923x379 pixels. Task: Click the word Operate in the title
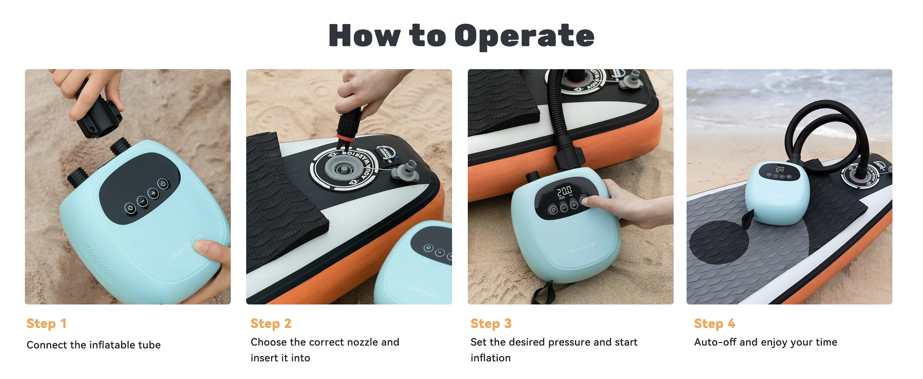pos(524,36)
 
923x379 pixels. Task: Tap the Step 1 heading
pos(47,323)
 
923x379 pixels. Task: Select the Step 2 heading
pos(271,323)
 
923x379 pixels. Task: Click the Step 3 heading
pos(491,323)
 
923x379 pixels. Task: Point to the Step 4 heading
pos(714,323)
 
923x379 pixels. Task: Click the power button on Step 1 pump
pos(163,184)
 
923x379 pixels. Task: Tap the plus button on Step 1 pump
pos(153,193)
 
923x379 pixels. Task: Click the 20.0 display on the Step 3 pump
pos(564,191)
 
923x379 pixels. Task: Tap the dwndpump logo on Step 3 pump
pos(582,247)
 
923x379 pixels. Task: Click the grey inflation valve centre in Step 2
pos(343,168)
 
